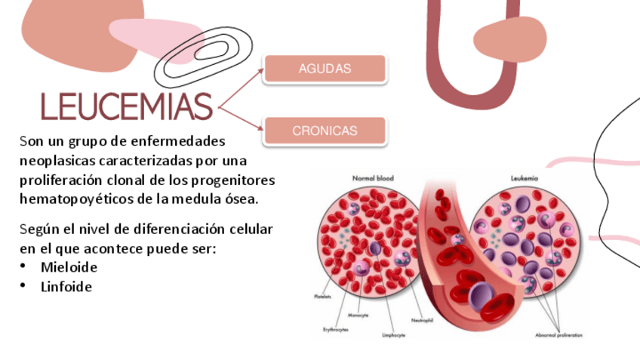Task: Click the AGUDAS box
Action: click(x=325, y=69)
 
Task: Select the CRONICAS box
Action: click(x=325, y=131)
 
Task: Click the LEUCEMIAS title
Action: click(x=126, y=107)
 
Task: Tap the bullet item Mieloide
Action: click(x=69, y=267)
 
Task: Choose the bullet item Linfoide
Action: click(x=66, y=287)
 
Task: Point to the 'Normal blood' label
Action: click(x=373, y=179)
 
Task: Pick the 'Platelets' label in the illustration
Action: click(x=322, y=297)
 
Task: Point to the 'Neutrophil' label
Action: click(x=422, y=320)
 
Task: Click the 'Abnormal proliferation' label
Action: click(x=558, y=334)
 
